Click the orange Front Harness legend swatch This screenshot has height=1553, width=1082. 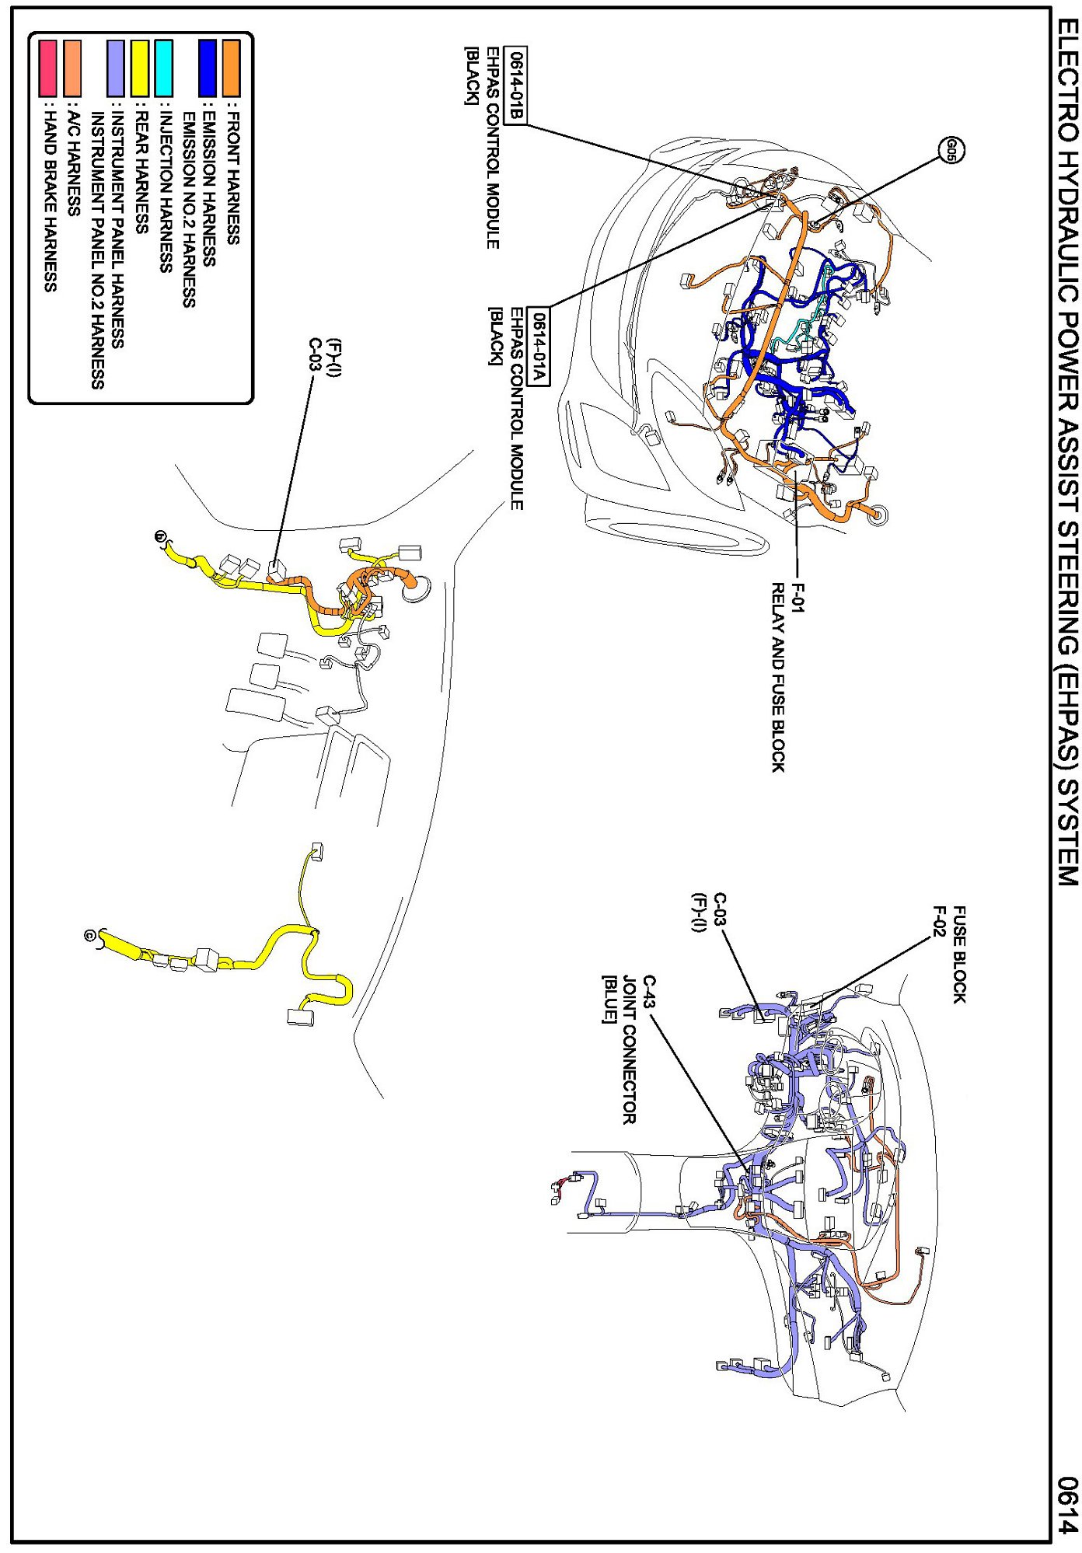(231, 68)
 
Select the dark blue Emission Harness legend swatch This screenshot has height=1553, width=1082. (208, 68)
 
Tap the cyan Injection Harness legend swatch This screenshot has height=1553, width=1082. (164, 68)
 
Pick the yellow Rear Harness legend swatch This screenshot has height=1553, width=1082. (141, 68)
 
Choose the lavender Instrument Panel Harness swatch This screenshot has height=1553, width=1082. (117, 68)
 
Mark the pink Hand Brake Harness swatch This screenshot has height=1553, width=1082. (48, 68)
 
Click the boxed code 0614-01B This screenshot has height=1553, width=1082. (515, 86)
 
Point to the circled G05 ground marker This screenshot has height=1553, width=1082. (951, 150)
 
